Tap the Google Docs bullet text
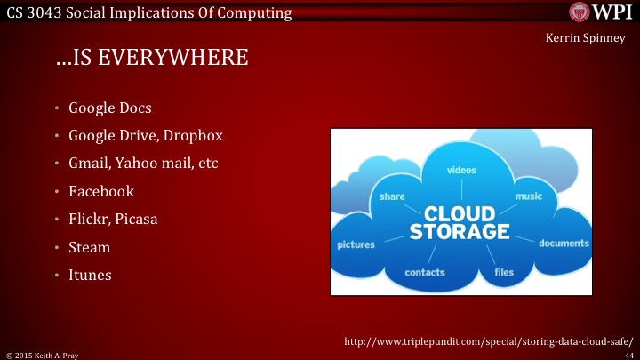point(110,109)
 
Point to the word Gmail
point(87,164)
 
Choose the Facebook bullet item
point(101,192)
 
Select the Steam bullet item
point(89,247)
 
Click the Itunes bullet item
point(90,275)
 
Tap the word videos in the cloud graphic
point(460,169)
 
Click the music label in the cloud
point(528,196)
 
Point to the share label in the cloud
point(392,196)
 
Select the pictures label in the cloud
point(355,244)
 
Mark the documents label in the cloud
point(564,244)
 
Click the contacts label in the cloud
point(425,272)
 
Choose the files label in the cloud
point(504,272)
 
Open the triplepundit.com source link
point(489,340)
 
